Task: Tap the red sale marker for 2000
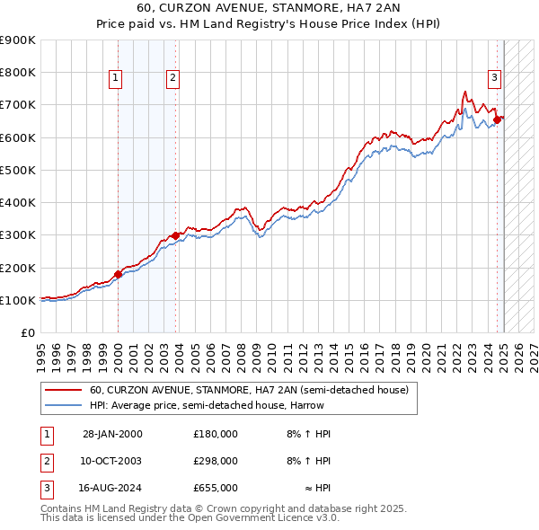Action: point(118,274)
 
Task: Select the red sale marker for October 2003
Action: point(175,235)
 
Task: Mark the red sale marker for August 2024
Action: point(497,119)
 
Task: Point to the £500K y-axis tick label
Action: point(19,170)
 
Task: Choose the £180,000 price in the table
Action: point(215,434)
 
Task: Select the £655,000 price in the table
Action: point(215,488)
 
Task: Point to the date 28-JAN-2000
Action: point(112,434)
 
